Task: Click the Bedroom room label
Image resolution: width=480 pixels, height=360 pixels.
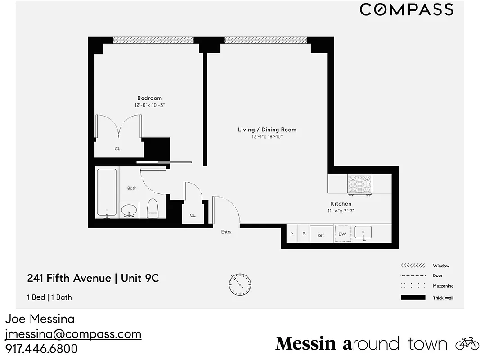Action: click(149, 98)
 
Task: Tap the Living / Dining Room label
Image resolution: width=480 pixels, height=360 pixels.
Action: click(267, 130)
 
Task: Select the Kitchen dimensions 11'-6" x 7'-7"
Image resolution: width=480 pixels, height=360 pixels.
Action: click(344, 211)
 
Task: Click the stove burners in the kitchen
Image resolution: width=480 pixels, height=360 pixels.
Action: click(361, 185)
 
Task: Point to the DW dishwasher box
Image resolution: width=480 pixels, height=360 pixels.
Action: click(342, 234)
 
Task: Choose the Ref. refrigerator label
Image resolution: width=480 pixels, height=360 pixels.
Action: click(321, 235)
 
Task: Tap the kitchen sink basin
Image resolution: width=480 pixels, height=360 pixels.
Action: click(363, 233)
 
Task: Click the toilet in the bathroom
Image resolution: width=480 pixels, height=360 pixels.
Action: click(153, 208)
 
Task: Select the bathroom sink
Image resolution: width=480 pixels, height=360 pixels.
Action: click(130, 210)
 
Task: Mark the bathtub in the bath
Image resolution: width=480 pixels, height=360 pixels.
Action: click(107, 192)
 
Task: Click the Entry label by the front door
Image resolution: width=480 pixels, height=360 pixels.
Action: click(226, 232)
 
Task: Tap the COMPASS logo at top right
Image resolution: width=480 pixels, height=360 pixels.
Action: click(406, 9)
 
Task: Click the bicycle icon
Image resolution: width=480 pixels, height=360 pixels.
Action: click(467, 343)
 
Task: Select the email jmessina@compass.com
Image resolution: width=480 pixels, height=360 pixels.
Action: click(73, 334)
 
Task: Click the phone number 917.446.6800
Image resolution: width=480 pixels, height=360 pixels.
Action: click(41, 349)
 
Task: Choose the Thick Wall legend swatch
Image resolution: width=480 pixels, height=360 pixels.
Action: click(413, 297)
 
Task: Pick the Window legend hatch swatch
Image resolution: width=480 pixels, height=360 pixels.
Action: click(413, 265)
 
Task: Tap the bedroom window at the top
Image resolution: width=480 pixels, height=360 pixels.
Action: click(153, 40)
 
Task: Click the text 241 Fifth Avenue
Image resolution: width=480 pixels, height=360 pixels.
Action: click(69, 278)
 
